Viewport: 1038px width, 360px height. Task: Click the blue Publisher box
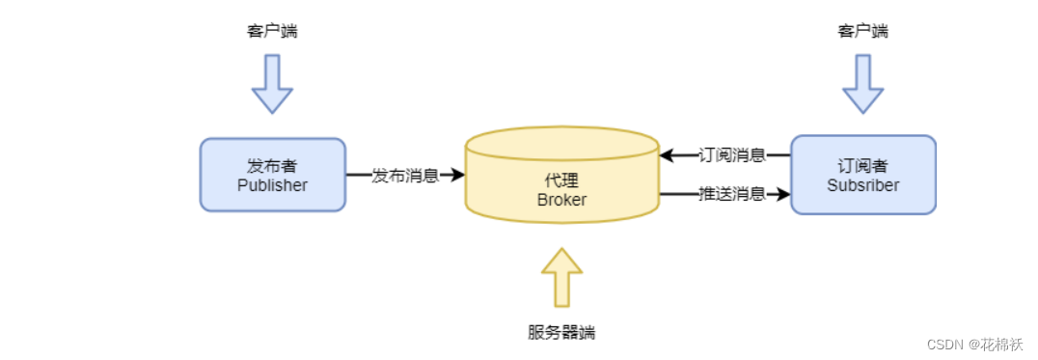tap(272, 174)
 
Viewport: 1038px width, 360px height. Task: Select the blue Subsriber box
tap(862, 174)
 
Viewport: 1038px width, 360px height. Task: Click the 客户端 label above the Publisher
tap(272, 31)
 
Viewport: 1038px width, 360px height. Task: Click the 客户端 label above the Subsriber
tap(862, 31)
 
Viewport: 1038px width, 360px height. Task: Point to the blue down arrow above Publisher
tap(272, 84)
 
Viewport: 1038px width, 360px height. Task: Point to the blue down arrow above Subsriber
tap(862, 84)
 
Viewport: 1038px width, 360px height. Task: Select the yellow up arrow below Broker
tap(561, 276)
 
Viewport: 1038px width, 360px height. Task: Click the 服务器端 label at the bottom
tap(561, 332)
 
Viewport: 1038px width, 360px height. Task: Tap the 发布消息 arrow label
tap(405, 176)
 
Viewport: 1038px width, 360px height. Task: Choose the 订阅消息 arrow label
tap(731, 154)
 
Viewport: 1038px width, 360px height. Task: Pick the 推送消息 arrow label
tap(731, 194)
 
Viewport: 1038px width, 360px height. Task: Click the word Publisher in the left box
tap(272, 185)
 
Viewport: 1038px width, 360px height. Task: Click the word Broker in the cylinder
tap(561, 200)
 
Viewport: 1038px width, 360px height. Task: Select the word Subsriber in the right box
tap(862, 185)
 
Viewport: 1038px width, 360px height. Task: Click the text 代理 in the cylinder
tap(561, 181)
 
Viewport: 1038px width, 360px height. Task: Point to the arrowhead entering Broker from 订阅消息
tap(667, 154)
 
